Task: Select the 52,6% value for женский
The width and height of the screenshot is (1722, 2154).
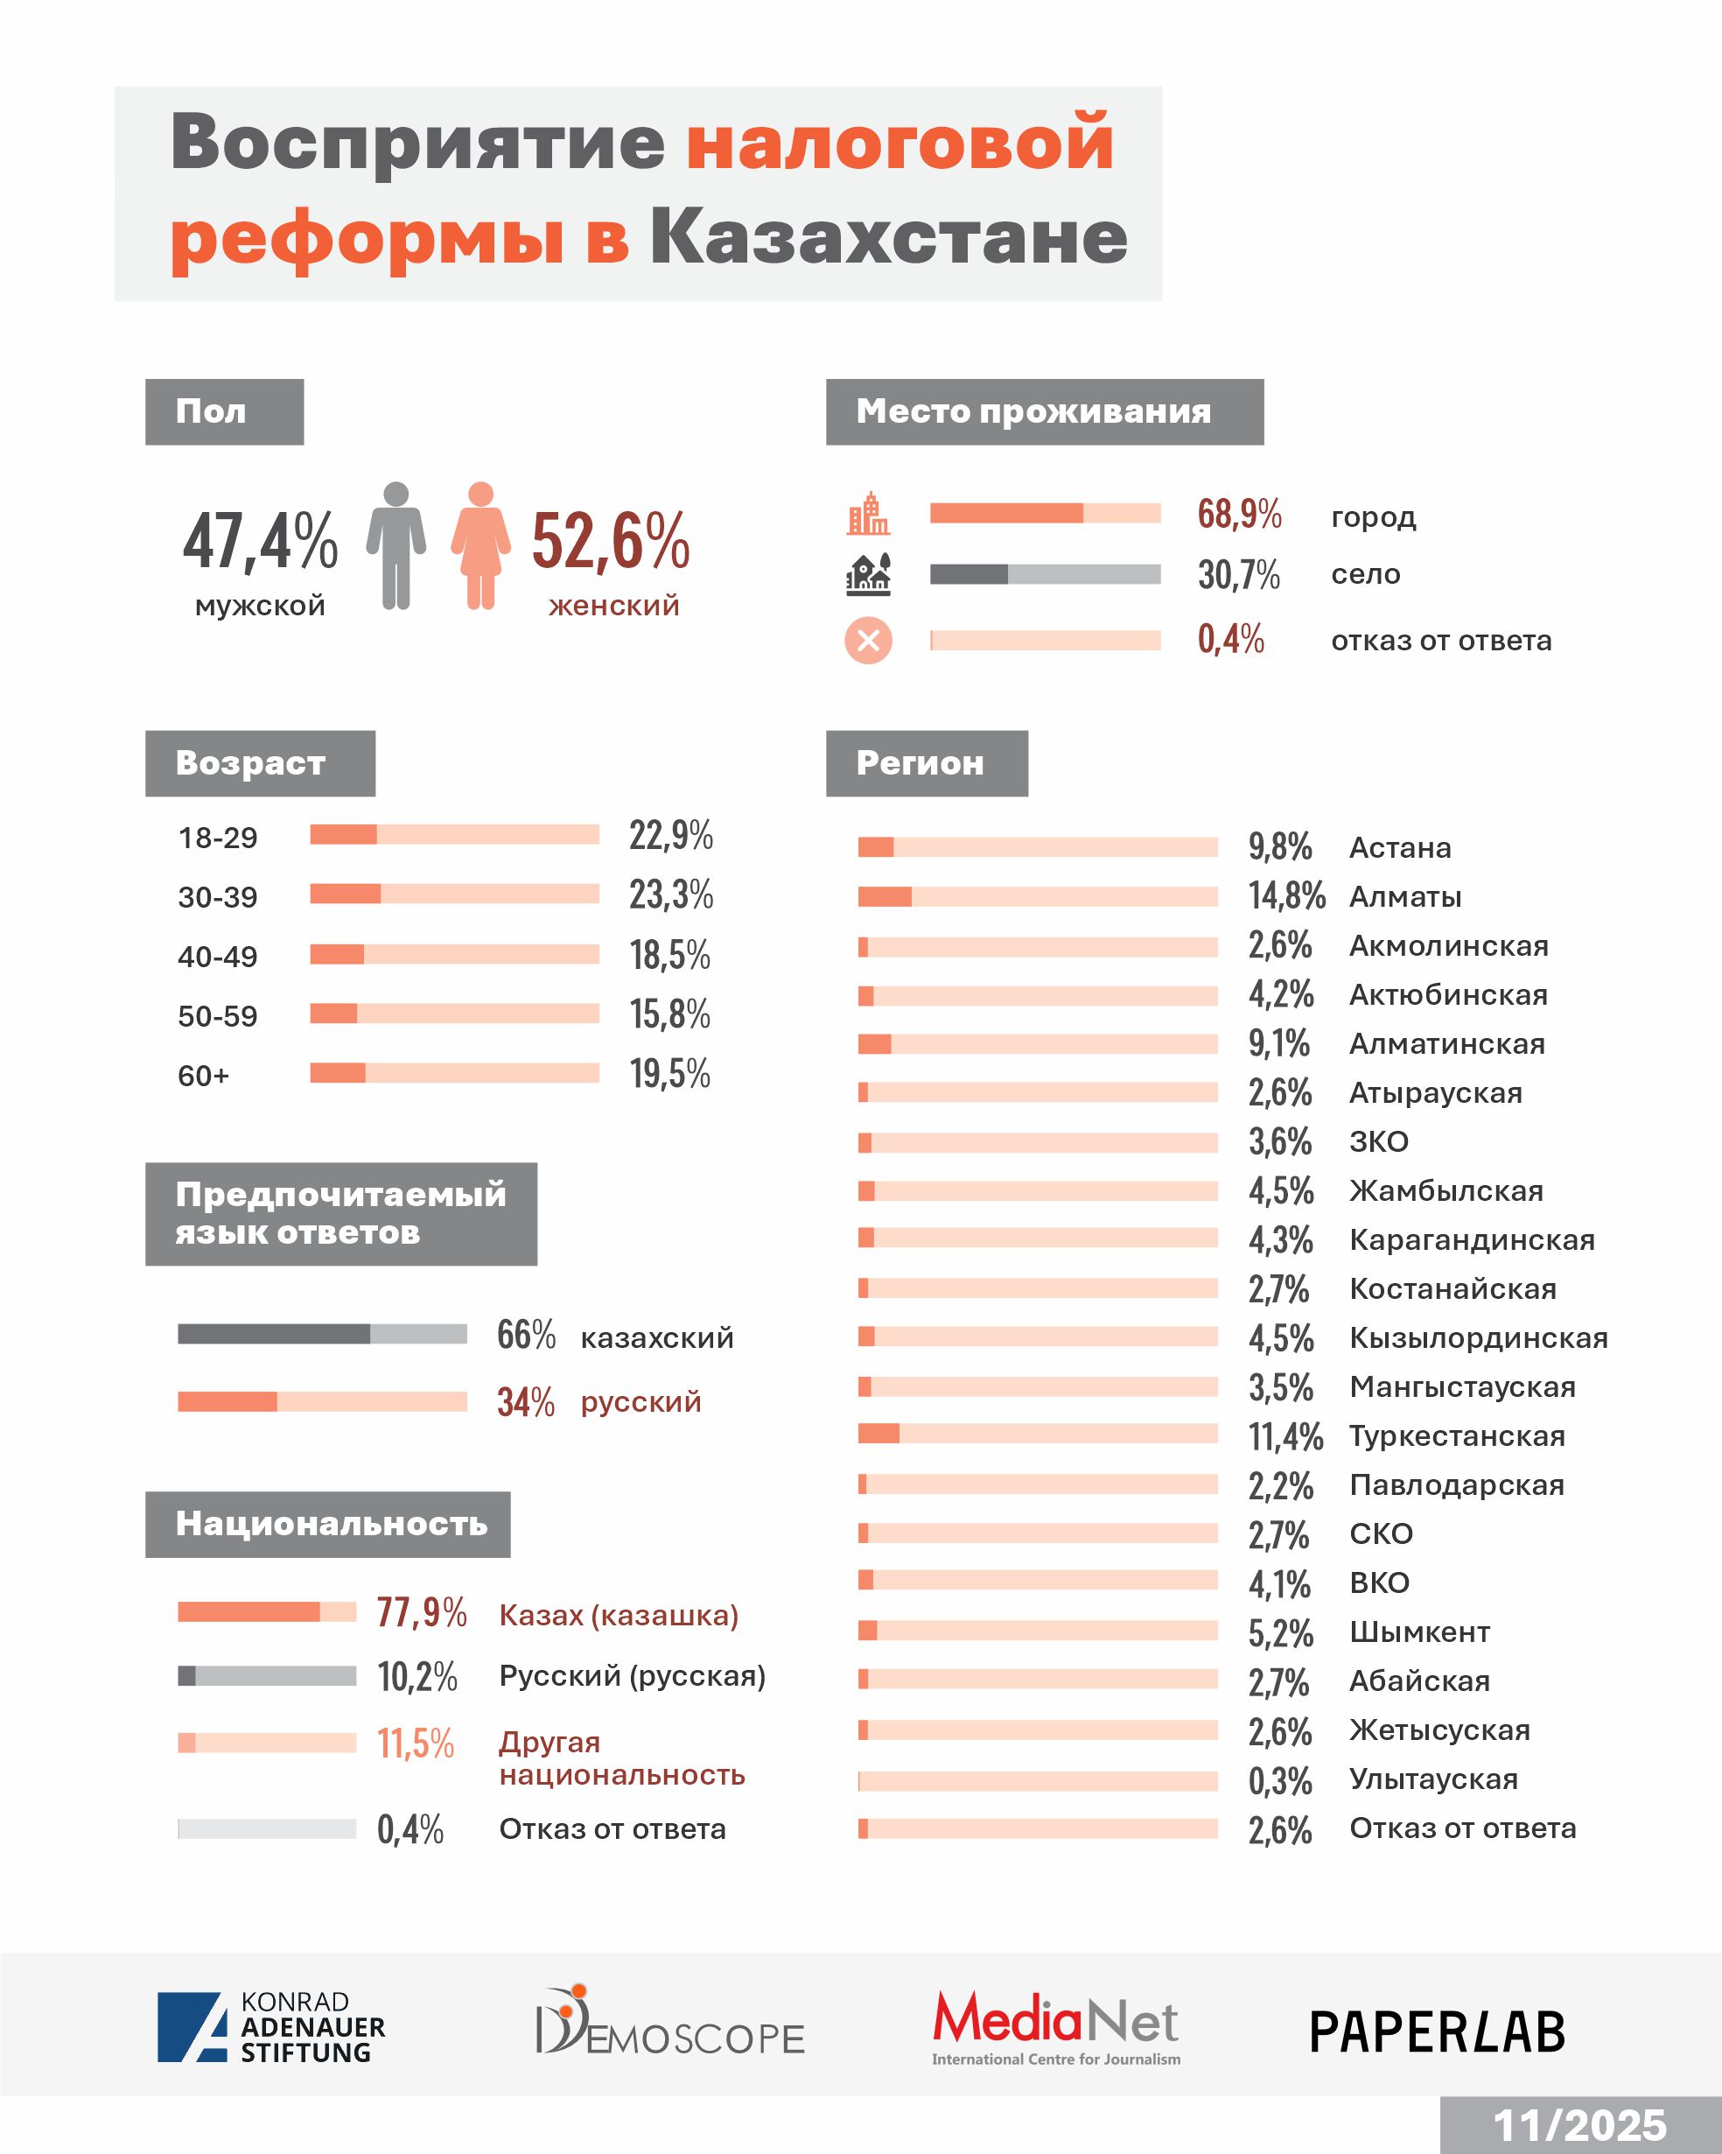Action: (609, 541)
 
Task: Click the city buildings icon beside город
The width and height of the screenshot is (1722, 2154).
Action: (868, 514)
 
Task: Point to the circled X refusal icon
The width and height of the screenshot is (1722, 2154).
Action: (868, 641)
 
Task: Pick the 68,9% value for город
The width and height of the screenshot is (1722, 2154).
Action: (1238, 514)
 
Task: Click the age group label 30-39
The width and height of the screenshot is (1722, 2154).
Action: (218, 897)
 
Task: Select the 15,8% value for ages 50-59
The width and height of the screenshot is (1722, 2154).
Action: (669, 1014)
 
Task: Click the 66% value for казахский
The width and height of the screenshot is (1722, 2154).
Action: (525, 1335)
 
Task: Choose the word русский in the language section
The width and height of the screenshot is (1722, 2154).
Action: (640, 1401)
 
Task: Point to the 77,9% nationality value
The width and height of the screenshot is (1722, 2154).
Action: (421, 1612)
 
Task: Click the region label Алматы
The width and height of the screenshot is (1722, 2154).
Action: (1404, 897)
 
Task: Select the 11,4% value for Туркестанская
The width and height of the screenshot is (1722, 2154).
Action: (1284, 1436)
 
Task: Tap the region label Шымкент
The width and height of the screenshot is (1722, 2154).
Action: (1418, 1632)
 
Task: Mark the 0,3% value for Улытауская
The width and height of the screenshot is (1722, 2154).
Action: (1279, 1780)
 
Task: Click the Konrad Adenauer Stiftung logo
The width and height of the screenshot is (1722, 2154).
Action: (270, 2027)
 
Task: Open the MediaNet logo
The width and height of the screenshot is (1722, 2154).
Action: (1056, 2027)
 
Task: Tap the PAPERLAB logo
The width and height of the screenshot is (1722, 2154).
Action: (1437, 2032)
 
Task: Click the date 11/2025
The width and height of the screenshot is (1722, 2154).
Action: (1579, 2125)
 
